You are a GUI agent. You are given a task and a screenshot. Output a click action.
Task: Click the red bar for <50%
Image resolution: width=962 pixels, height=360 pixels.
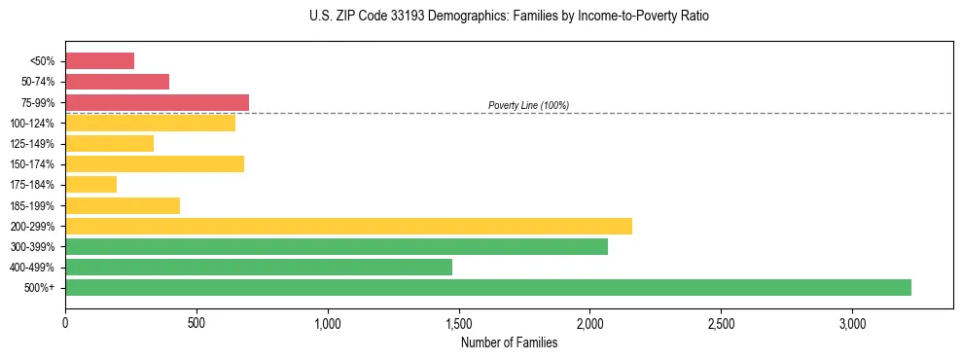(x=99, y=61)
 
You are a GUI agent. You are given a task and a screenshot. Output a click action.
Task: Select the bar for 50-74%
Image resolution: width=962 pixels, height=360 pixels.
(x=117, y=82)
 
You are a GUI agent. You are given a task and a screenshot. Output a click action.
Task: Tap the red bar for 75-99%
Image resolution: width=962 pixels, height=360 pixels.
(x=157, y=102)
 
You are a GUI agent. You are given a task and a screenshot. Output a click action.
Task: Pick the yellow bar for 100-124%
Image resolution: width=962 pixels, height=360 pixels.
(x=150, y=123)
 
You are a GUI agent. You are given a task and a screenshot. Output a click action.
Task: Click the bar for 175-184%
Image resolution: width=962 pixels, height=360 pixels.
(x=90, y=184)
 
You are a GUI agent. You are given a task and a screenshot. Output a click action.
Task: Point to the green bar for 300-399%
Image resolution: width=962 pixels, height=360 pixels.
(x=336, y=246)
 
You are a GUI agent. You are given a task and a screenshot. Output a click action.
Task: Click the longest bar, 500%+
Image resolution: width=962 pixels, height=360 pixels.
(x=487, y=287)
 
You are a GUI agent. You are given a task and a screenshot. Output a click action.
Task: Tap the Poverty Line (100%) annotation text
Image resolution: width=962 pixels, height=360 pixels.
(x=528, y=105)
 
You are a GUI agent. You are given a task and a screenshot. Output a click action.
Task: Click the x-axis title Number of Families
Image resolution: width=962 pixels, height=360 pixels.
(x=509, y=342)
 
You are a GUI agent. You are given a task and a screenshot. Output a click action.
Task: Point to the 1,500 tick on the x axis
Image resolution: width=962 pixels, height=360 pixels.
(x=459, y=323)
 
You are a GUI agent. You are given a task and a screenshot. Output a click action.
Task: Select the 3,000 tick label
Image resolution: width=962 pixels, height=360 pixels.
(x=852, y=323)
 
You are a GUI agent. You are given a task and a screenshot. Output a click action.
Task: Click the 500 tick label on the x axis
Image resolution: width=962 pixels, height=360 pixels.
(x=196, y=323)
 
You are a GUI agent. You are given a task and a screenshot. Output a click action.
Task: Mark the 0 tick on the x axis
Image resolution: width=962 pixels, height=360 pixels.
(x=65, y=323)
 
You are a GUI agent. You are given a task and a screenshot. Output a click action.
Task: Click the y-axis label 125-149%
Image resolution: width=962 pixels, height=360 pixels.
(x=32, y=144)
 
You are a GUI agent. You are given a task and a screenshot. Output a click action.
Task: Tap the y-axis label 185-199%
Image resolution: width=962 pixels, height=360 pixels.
(x=32, y=205)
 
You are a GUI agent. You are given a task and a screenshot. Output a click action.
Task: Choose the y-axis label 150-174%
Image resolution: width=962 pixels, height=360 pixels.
(x=32, y=164)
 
